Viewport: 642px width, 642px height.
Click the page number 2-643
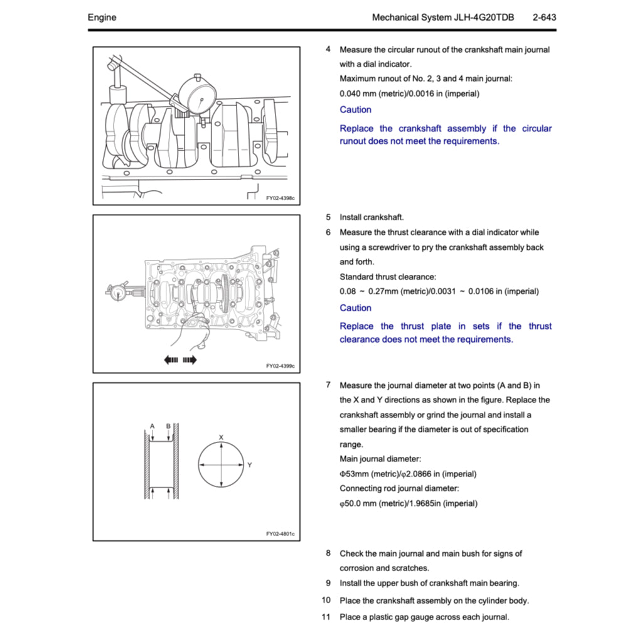tap(543, 18)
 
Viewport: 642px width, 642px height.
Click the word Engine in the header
tap(102, 18)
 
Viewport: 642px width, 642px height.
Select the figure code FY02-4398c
tap(279, 198)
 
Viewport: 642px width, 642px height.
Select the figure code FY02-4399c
tap(279, 366)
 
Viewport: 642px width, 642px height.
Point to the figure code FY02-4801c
tap(279, 534)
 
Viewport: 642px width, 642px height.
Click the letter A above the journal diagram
tap(152, 426)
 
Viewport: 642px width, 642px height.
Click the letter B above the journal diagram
tap(168, 426)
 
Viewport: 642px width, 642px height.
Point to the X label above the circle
tap(221, 437)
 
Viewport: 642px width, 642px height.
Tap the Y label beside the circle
tap(249, 465)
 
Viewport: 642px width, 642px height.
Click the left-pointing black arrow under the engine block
tap(171, 360)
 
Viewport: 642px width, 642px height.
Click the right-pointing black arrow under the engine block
tap(190, 360)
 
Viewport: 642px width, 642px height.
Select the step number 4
tap(328, 49)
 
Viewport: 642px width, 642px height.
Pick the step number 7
tap(328, 385)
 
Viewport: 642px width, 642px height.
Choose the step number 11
tap(326, 617)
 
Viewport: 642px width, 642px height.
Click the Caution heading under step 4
tap(355, 110)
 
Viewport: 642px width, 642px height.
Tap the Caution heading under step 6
tap(355, 308)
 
